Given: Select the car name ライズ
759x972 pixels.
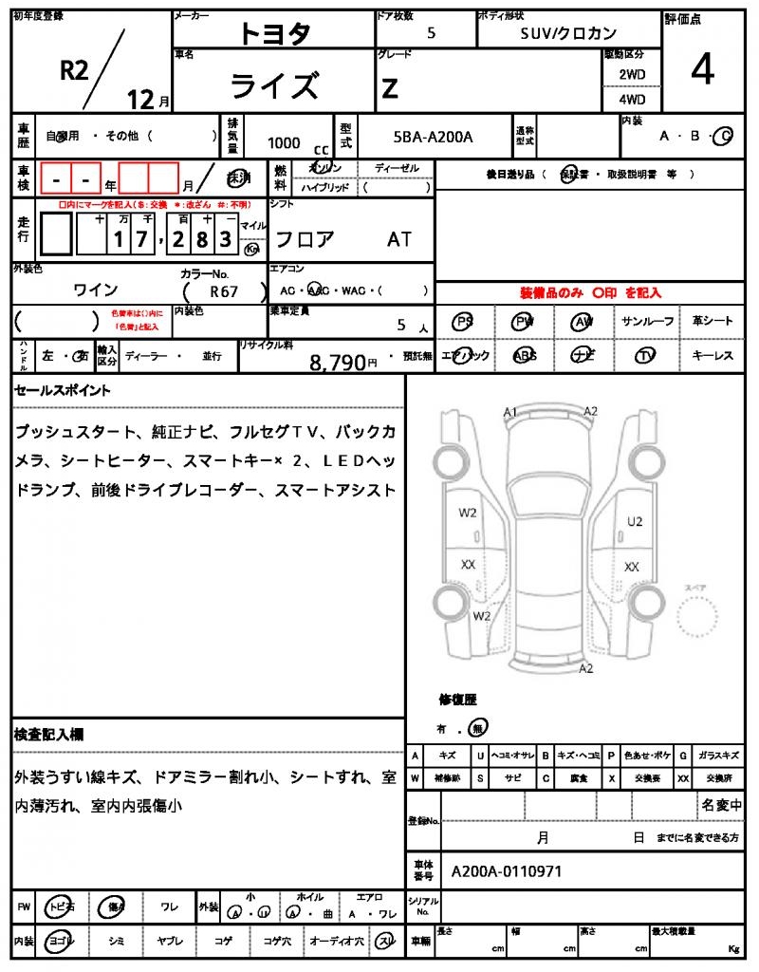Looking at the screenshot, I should [x=275, y=85].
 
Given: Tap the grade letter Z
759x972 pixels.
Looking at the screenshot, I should [x=389, y=88].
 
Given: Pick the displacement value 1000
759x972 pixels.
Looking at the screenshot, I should [x=284, y=142].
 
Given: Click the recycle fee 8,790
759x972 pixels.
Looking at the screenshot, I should [x=338, y=361].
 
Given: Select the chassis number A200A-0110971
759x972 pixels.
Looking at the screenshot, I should [x=507, y=869].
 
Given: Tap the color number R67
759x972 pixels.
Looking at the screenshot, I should [x=225, y=291].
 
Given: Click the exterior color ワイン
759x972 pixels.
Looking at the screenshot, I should [x=96, y=290].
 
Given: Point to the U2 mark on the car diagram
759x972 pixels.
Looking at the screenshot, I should [x=635, y=521].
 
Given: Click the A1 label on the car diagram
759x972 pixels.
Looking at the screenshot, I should [x=510, y=412].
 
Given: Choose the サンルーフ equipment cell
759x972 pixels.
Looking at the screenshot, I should [x=648, y=321].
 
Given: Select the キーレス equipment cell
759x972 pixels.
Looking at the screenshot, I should [x=713, y=355].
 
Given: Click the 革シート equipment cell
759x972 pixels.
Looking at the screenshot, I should [x=713, y=321].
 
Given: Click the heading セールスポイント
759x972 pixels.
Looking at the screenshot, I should [x=63, y=390].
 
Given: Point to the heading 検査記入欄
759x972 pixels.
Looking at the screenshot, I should [x=48, y=734].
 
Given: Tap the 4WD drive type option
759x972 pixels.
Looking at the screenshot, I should [x=632, y=99].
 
